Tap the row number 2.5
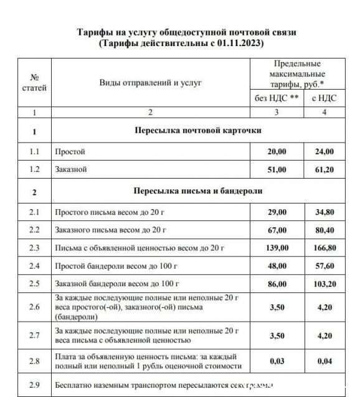pos(34,284)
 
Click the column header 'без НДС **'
pos(277,98)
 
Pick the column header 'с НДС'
pos(324,98)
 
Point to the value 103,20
pos(324,284)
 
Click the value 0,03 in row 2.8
pos(277,360)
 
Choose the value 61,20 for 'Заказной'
pos(324,169)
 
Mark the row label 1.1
pos(34,152)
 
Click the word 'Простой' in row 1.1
pos(70,152)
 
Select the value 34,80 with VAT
pos(324,213)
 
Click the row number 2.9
pos(34,385)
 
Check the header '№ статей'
pos(34,83)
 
